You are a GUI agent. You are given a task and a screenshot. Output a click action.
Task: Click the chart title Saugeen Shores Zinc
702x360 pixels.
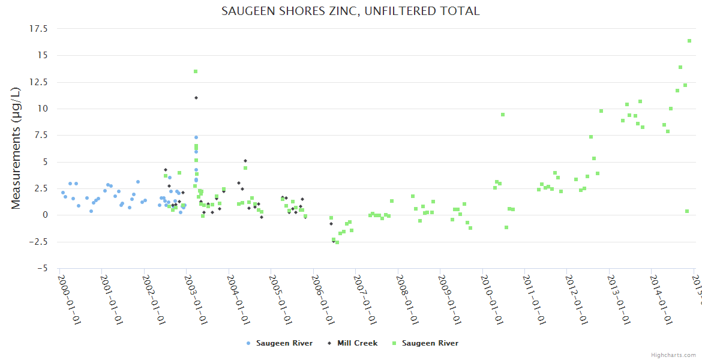(350, 11)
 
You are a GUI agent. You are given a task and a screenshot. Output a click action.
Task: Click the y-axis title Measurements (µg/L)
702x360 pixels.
(16, 148)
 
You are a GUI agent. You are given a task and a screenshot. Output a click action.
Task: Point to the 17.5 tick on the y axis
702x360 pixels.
(39, 28)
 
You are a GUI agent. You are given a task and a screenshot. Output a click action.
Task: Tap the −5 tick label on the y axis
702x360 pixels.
(43, 268)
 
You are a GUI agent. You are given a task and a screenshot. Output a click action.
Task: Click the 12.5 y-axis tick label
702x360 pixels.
(39, 82)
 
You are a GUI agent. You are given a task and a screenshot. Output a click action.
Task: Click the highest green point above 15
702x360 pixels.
(689, 41)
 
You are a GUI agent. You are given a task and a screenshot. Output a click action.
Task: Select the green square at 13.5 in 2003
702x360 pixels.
(196, 71)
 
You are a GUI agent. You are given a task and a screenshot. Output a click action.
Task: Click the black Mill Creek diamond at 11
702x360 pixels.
(196, 98)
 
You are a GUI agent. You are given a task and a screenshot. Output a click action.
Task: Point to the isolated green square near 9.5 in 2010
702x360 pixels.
(503, 115)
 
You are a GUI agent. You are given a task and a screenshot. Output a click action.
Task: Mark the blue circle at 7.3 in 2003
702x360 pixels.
(196, 137)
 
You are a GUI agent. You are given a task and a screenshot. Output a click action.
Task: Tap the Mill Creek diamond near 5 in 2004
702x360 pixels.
(245, 161)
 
